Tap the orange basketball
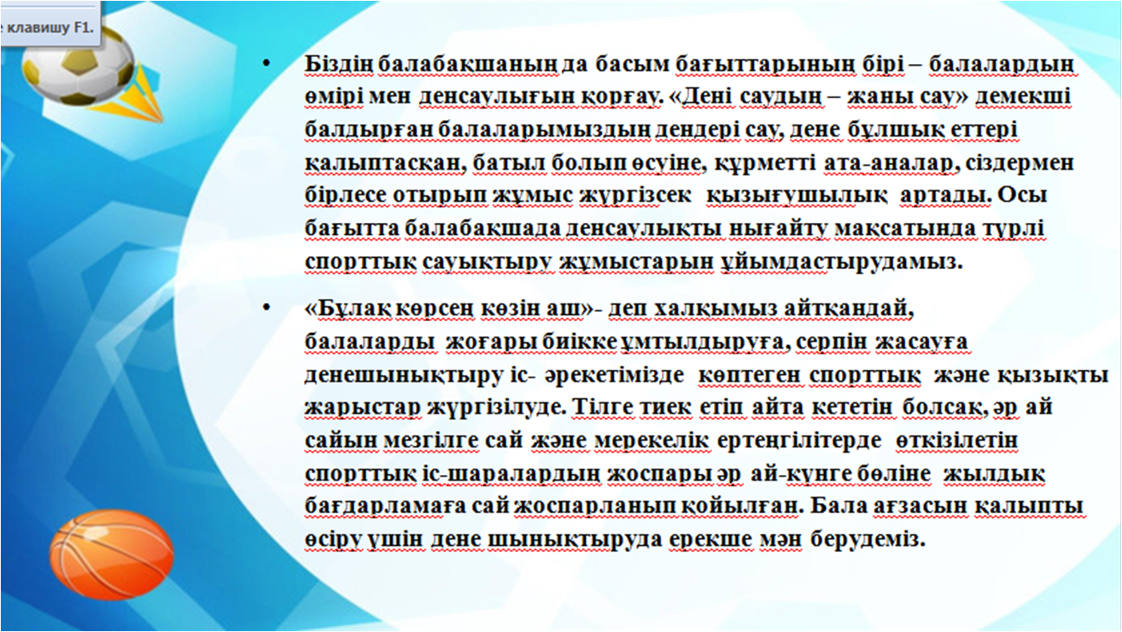pos(111,554)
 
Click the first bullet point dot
pos(266,63)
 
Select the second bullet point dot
pos(266,307)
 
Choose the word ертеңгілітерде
pos(799,442)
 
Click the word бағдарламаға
pos(385,506)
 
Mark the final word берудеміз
pos(868,539)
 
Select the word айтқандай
pos(849,308)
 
